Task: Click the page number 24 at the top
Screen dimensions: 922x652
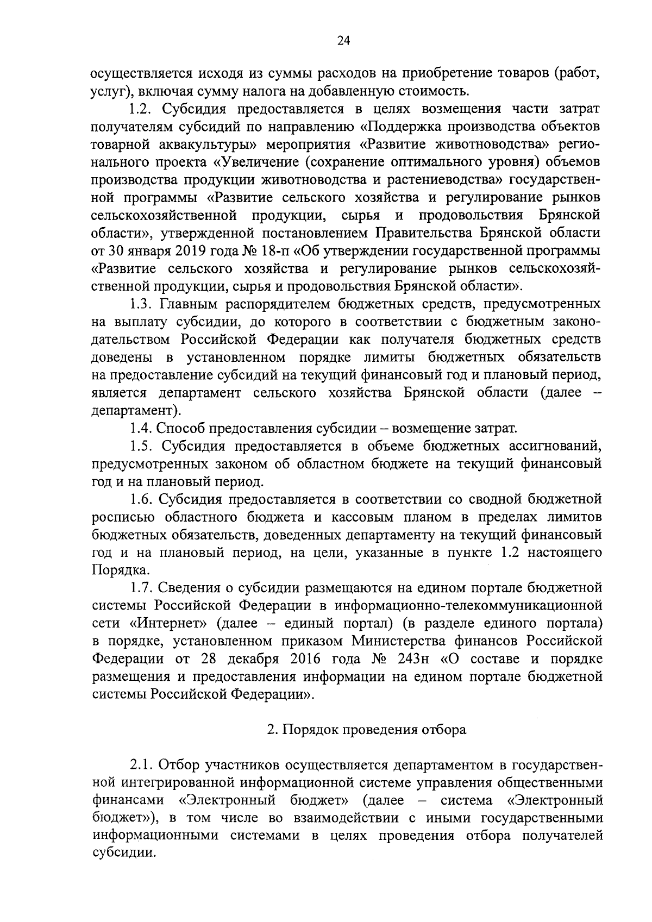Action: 343,41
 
